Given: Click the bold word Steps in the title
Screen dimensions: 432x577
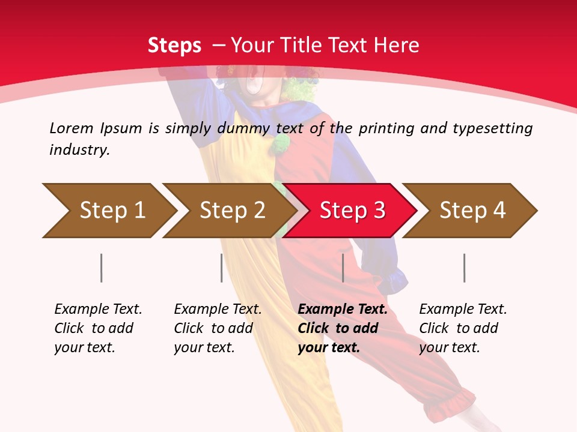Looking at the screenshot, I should tap(174, 45).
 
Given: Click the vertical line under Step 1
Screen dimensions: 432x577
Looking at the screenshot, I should tap(102, 268).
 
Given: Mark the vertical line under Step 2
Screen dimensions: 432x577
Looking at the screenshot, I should tap(222, 268).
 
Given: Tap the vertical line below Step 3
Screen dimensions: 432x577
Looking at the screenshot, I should tap(343, 268).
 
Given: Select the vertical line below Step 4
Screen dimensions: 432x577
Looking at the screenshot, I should tap(464, 268).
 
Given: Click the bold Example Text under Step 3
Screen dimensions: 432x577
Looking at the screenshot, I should tap(343, 310).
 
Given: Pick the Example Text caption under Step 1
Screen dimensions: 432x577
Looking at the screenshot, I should tap(98, 310).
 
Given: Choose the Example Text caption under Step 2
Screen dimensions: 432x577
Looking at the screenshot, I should tap(218, 310).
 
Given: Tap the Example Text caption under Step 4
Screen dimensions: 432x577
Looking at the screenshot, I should tap(463, 310).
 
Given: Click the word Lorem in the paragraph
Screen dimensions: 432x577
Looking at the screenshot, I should tap(71, 128).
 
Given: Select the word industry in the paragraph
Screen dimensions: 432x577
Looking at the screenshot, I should tap(79, 150).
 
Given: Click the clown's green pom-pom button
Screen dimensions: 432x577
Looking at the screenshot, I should tap(279, 143).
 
